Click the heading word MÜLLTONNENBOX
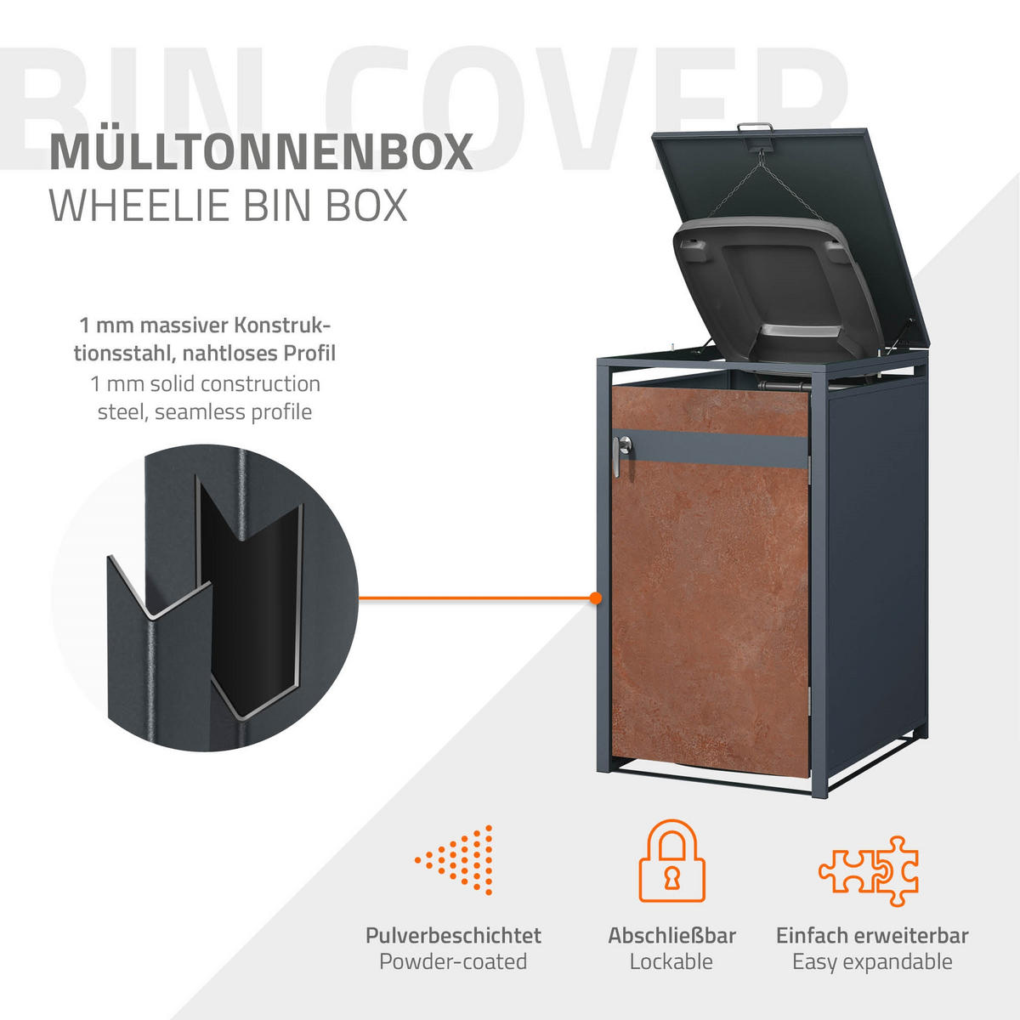(x=261, y=151)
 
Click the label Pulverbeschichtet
(x=453, y=936)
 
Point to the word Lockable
(x=671, y=962)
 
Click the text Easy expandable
(x=872, y=962)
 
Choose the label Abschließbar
(x=671, y=936)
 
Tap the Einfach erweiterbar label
(x=872, y=936)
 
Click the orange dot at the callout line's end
(x=596, y=598)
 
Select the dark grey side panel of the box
(x=875, y=578)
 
